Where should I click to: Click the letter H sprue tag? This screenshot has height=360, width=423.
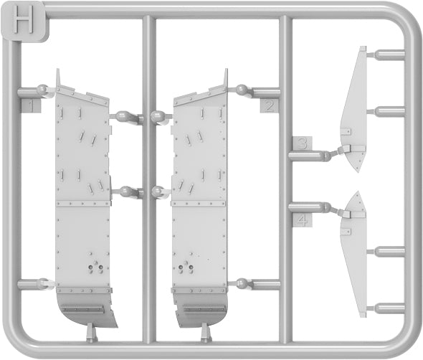click(x=25, y=22)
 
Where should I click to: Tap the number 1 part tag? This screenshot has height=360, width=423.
click(x=31, y=105)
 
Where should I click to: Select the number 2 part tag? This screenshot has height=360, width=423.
click(x=270, y=106)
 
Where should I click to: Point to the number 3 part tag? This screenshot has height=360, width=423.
click(x=303, y=143)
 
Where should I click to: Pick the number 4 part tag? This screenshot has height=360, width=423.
click(x=303, y=220)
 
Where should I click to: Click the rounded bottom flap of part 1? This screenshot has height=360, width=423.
click(x=85, y=308)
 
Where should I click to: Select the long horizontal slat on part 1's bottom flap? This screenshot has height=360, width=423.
click(x=82, y=309)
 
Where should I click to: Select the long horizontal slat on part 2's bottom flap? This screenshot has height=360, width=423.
click(x=204, y=309)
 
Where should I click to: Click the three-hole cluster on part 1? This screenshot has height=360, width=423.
click(x=95, y=267)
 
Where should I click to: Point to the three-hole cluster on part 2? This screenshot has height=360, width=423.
click(x=186, y=267)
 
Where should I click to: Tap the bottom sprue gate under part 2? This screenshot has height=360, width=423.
click(x=206, y=333)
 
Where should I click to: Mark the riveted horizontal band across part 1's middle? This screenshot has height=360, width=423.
click(x=83, y=203)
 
